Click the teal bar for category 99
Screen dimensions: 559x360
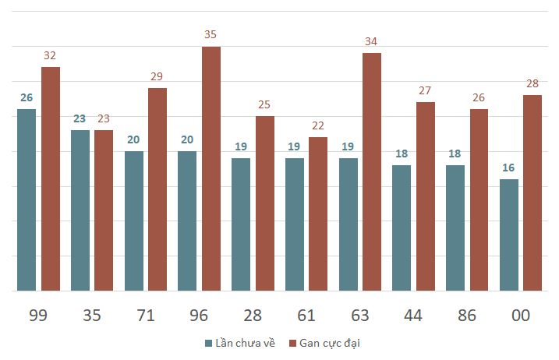tap(27, 200)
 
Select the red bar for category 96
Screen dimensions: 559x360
tap(211, 168)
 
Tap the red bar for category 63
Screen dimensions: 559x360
tap(372, 171)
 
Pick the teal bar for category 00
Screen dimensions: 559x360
tap(509, 235)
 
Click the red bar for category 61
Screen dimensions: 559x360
tap(318, 214)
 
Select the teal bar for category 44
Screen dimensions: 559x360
tap(402, 228)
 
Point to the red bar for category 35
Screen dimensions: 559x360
tap(104, 210)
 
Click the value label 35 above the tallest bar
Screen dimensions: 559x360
tap(211, 34)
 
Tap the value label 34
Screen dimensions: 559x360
tap(371, 41)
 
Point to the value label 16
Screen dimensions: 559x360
tap(508, 168)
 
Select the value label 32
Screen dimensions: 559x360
tap(50, 55)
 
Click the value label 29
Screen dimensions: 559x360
tap(157, 76)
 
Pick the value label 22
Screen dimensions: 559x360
tap(317, 125)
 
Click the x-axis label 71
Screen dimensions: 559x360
tap(146, 316)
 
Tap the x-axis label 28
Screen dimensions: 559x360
tap(253, 316)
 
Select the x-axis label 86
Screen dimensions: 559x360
tap(467, 316)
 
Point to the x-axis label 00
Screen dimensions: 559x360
tap(521, 316)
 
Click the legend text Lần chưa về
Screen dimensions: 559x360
tap(245, 343)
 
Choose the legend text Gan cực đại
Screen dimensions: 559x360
tap(330, 344)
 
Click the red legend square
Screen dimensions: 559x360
tap(292, 344)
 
